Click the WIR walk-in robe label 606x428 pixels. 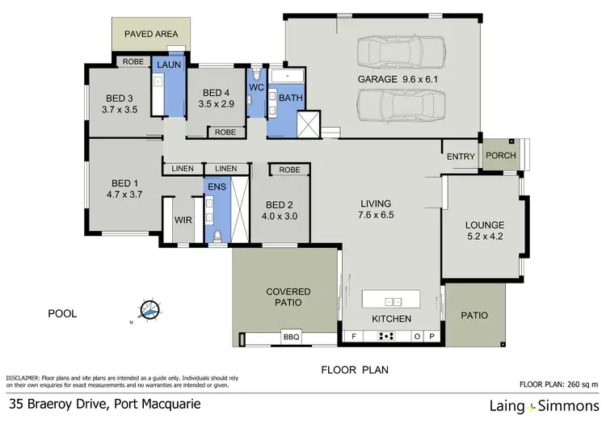pyautogui.click(x=183, y=220)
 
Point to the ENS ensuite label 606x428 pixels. pyautogui.click(x=217, y=187)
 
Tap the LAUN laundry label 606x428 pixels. pyautogui.click(x=169, y=64)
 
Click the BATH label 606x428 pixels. pyautogui.click(x=288, y=98)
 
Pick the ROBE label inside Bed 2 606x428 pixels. pyautogui.click(x=290, y=170)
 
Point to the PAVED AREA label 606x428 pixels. pyautogui.click(x=151, y=35)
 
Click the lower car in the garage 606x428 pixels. pyautogui.click(x=402, y=105)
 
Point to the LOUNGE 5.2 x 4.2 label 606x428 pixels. pyautogui.click(x=485, y=231)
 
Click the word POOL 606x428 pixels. pyautogui.click(x=62, y=313)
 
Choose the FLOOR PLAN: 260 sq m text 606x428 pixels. pyautogui.click(x=558, y=384)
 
